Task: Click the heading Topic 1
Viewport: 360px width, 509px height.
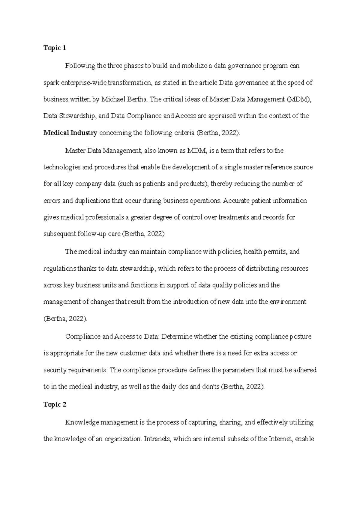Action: (55, 48)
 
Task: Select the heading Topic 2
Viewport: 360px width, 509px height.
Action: (55, 404)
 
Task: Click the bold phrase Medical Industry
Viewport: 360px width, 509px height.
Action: (70, 133)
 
